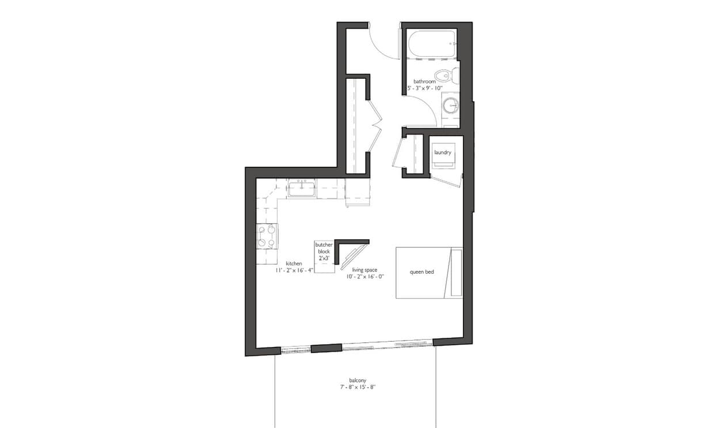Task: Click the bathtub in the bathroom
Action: click(432, 44)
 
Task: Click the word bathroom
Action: click(424, 82)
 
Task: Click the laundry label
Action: click(443, 152)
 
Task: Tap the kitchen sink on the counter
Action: click(302, 188)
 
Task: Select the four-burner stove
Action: click(267, 236)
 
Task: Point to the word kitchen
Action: click(294, 263)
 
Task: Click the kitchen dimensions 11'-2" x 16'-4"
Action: click(294, 270)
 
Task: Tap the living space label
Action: click(364, 269)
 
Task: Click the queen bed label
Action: click(421, 272)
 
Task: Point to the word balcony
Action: click(358, 380)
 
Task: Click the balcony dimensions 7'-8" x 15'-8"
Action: click(358, 387)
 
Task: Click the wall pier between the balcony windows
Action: click(326, 348)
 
